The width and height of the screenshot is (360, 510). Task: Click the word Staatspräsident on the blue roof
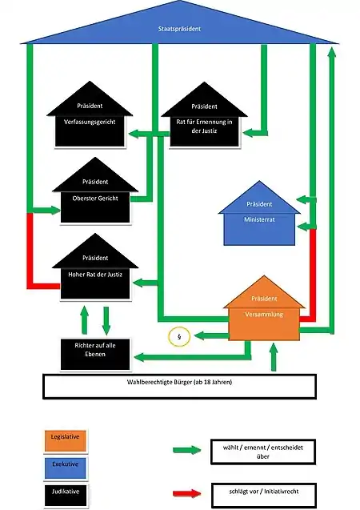pyautogui.click(x=179, y=29)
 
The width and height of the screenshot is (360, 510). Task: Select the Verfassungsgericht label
pyautogui.click(x=90, y=122)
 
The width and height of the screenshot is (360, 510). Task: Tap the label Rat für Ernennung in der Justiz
pyautogui.click(x=204, y=126)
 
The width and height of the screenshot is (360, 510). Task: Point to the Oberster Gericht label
pyautogui.click(x=95, y=198)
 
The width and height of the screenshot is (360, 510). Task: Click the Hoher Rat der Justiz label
pyautogui.click(x=95, y=275)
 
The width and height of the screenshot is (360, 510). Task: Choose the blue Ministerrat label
pyautogui.click(x=259, y=219)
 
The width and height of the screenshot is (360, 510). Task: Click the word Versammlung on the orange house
pyautogui.click(x=264, y=314)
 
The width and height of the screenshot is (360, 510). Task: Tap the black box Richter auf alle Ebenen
pyautogui.click(x=95, y=354)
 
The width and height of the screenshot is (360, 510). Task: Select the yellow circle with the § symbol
pyautogui.click(x=179, y=336)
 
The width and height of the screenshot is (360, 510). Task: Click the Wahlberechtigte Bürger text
pyautogui.click(x=179, y=382)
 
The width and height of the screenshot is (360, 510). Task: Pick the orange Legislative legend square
pyautogui.click(x=66, y=440)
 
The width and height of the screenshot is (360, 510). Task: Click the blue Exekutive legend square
pyautogui.click(x=66, y=468)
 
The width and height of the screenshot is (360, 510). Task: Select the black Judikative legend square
pyautogui.click(x=66, y=496)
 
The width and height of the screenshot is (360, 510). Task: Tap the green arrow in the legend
pyautogui.click(x=187, y=450)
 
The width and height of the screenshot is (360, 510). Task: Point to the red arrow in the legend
pyautogui.click(x=187, y=493)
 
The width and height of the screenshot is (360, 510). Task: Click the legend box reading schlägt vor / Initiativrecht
pyautogui.click(x=263, y=495)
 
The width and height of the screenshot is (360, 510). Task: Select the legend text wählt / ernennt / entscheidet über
pyautogui.click(x=263, y=452)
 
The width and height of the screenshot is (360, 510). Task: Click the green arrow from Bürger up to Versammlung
pyautogui.click(x=274, y=357)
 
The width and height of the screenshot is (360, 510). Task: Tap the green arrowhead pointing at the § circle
pyautogui.click(x=198, y=335)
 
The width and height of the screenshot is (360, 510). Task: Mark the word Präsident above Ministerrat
pyautogui.click(x=259, y=204)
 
